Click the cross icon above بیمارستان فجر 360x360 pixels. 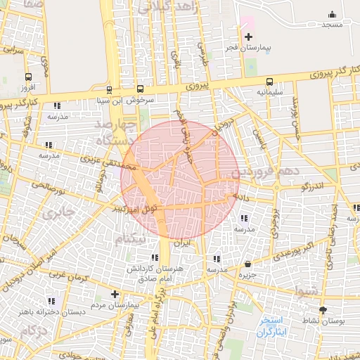click(x=247, y=36)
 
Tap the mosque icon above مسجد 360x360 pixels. click(x=332, y=14)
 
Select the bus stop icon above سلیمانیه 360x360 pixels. click(x=270, y=81)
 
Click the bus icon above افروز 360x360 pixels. click(x=28, y=77)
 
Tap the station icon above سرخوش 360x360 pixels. click(x=109, y=90)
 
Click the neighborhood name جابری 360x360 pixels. click(x=58, y=211)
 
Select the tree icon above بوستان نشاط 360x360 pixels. click(x=323, y=310)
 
